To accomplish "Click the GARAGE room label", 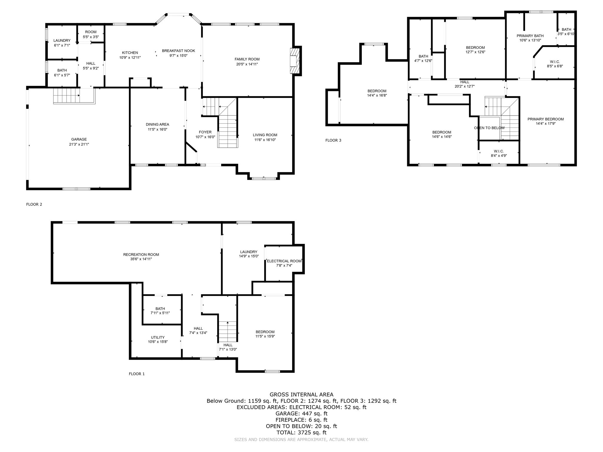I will (x=79, y=139).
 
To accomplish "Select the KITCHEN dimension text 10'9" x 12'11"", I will (x=130, y=58).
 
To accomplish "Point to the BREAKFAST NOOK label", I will (x=178, y=51).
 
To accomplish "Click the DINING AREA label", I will (x=157, y=124).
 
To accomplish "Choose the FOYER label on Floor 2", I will (x=205, y=132).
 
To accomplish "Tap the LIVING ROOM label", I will (x=265, y=135).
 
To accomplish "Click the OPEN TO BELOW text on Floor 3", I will (x=489, y=128).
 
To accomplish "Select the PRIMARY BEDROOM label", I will (x=545, y=119).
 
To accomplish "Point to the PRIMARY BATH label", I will (x=530, y=36).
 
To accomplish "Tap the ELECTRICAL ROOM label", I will (x=284, y=261).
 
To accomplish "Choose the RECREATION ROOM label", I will (x=141, y=255).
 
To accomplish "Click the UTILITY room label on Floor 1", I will (x=158, y=337).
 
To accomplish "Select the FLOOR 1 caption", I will (x=137, y=374).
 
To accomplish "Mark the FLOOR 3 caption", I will (x=333, y=140).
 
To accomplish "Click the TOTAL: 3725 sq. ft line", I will (x=301, y=432).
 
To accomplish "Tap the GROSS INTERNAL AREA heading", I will (x=301, y=394).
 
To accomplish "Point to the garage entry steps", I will (x=66, y=96).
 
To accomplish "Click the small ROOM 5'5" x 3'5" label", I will (x=91, y=32).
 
